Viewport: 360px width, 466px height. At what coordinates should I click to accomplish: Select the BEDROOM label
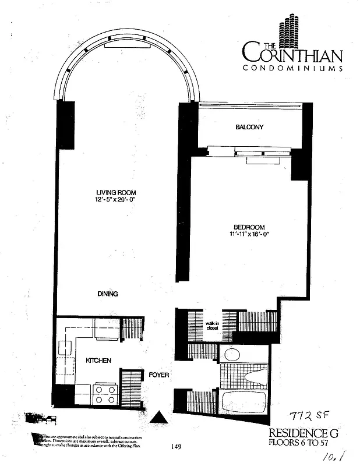(x=249, y=227)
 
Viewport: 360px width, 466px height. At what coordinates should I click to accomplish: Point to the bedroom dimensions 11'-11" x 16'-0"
(x=249, y=234)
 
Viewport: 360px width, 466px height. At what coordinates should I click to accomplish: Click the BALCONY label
(x=249, y=127)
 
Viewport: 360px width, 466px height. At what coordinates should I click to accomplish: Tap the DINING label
(x=108, y=294)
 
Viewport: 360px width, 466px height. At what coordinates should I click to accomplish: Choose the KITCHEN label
(x=98, y=361)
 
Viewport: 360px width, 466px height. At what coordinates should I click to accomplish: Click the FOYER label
(x=158, y=375)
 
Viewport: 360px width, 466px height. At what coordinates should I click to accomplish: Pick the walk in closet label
(x=211, y=326)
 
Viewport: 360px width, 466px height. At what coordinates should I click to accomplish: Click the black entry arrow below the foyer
(x=158, y=418)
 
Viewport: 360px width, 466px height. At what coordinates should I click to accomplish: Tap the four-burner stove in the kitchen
(x=105, y=394)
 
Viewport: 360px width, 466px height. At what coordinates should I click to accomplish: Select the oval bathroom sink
(x=233, y=354)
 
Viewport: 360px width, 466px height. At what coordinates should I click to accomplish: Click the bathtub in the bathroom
(x=243, y=402)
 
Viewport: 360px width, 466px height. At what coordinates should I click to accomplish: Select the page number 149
(x=178, y=447)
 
